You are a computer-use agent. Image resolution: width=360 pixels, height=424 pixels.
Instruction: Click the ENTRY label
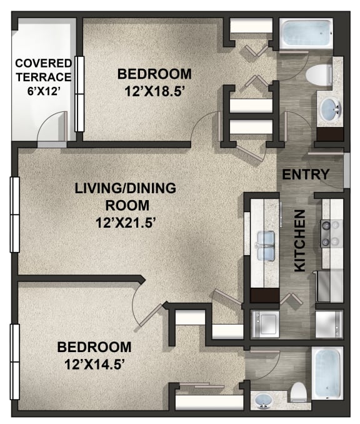click(x=306, y=174)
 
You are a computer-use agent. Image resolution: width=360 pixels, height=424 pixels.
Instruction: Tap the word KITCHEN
click(x=300, y=241)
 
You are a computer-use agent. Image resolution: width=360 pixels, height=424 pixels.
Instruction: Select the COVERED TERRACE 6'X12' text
click(x=44, y=77)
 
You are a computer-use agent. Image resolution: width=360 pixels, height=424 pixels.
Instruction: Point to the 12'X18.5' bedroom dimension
click(x=154, y=92)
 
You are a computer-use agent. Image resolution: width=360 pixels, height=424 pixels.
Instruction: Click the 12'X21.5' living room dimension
click(x=126, y=223)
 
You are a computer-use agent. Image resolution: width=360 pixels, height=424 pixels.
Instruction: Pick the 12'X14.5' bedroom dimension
click(x=94, y=365)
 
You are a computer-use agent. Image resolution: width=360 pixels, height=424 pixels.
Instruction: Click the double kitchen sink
click(x=266, y=246)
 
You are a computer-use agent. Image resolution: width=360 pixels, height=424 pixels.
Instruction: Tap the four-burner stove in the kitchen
click(x=332, y=234)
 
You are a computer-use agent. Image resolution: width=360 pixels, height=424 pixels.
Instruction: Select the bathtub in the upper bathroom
click(x=306, y=34)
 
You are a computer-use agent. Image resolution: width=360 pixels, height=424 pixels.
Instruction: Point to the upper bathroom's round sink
click(x=330, y=109)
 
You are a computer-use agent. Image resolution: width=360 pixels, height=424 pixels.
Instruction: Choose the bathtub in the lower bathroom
click(x=327, y=373)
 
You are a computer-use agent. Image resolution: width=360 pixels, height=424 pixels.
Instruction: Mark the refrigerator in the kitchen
click(x=329, y=286)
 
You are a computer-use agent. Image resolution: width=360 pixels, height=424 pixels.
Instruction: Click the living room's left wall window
click(x=15, y=215)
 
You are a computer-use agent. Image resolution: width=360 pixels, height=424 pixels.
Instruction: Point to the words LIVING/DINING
click(x=126, y=188)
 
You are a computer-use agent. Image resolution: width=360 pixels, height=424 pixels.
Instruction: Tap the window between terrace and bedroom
click(x=79, y=94)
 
